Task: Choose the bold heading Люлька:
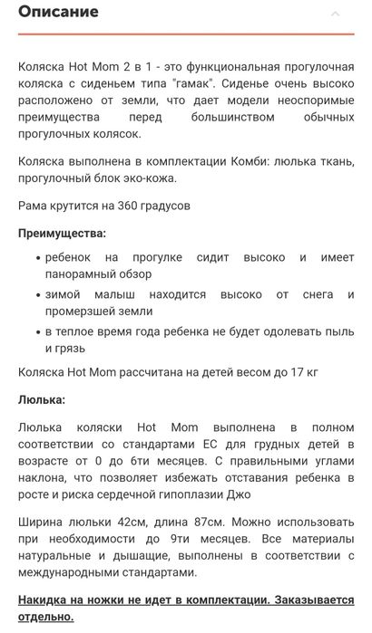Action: pyautogui.click(x=41, y=398)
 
